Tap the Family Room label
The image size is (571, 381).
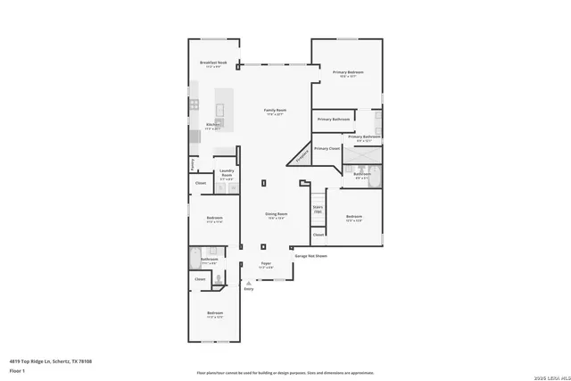pyautogui.click(x=274, y=112)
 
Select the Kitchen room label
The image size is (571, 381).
pyautogui.click(x=212, y=125)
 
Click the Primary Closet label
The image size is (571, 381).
pyautogui.click(x=327, y=148)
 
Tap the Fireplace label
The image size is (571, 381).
pyautogui.click(x=301, y=157)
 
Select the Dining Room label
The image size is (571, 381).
pyautogui.click(x=276, y=214)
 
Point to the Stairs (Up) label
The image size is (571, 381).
pyautogui.click(x=318, y=209)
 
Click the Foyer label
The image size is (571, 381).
pyautogui.click(x=266, y=264)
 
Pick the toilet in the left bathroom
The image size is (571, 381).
pyautogui.click(x=217, y=279)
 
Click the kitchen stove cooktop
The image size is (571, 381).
pyautogui.click(x=194, y=105)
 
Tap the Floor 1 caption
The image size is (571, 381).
pyautogui.click(x=17, y=370)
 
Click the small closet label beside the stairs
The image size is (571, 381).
pyautogui.click(x=318, y=235)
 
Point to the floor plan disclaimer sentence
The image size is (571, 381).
pyautogui.click(x=285, y=372)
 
